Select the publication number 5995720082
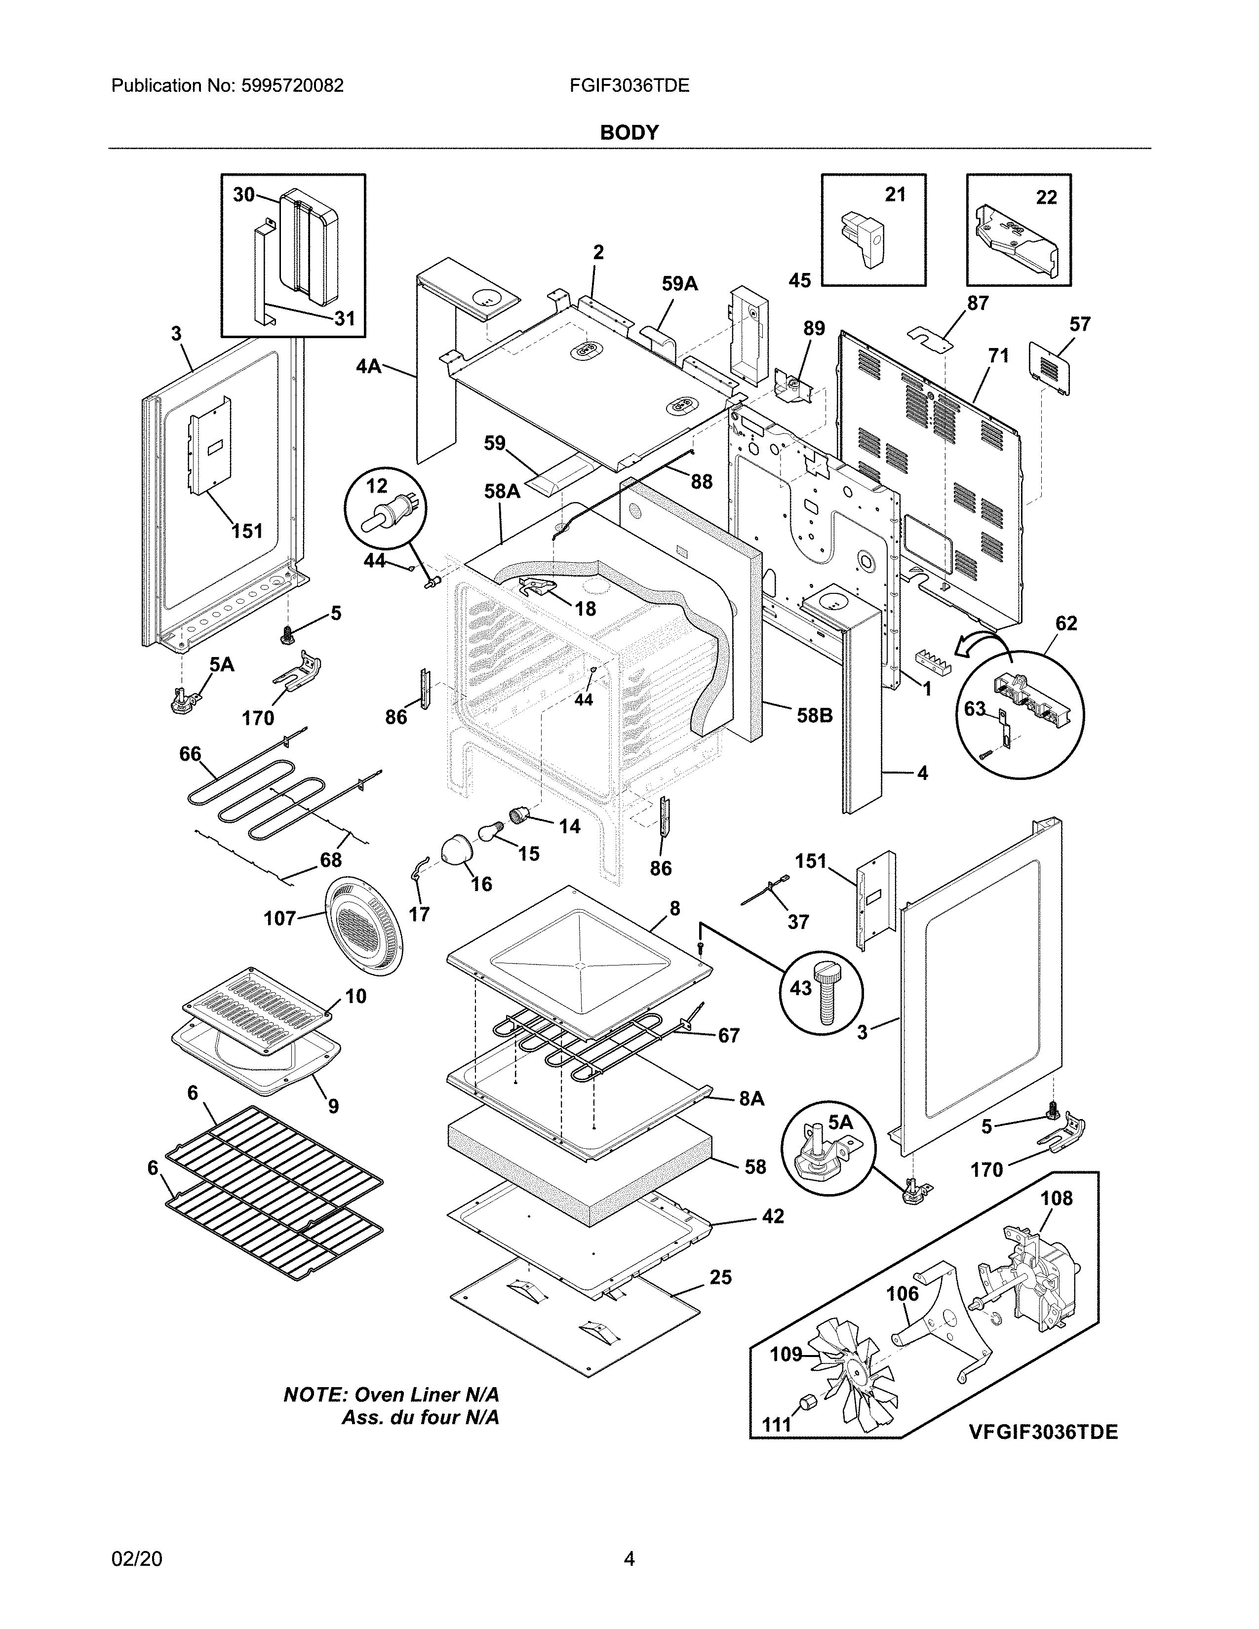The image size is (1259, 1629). click(x=292, y=86)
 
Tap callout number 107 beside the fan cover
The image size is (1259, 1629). click(x=279, y=918)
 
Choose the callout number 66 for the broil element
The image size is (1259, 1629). click(x=190, y=754)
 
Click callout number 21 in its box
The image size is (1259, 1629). click(x=895, y=194)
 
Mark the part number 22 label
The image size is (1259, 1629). click(x=1046, y=197)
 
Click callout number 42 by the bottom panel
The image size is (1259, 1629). click(x=773, y=1216)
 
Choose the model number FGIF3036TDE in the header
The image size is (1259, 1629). click(x=629, y=86)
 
